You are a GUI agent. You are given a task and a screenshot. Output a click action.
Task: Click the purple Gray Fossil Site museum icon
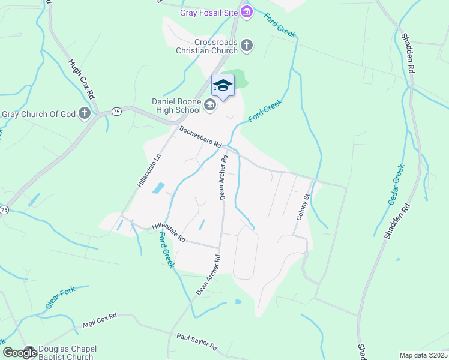pyautogui.click(x=247, y=12)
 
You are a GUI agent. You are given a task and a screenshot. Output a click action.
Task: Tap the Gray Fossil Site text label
pyautogui.click(x=209, y=13)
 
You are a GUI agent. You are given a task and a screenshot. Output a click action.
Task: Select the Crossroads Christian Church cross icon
pyautogui.click(x=247, y=46)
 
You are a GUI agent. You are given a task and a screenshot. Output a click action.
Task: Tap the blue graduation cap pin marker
pyautogui.click(x=223, y=86)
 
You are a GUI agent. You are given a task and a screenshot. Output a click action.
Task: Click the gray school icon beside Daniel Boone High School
pyautogui.click(x=210, y=106)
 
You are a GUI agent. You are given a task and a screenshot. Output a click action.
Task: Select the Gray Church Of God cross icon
pyautogui.click(x=85, y=113)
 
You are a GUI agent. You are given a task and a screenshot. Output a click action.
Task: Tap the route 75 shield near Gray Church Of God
pyautogui.click(x=116, y=112)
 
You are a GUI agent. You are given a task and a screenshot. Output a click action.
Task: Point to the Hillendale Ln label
pyautogui.click(x=150, y=170)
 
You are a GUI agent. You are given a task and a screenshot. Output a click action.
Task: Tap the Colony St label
pyautogui.click(x=301, y=206)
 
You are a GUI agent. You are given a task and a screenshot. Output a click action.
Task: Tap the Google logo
pyautogui.click(x=20, y=353)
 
